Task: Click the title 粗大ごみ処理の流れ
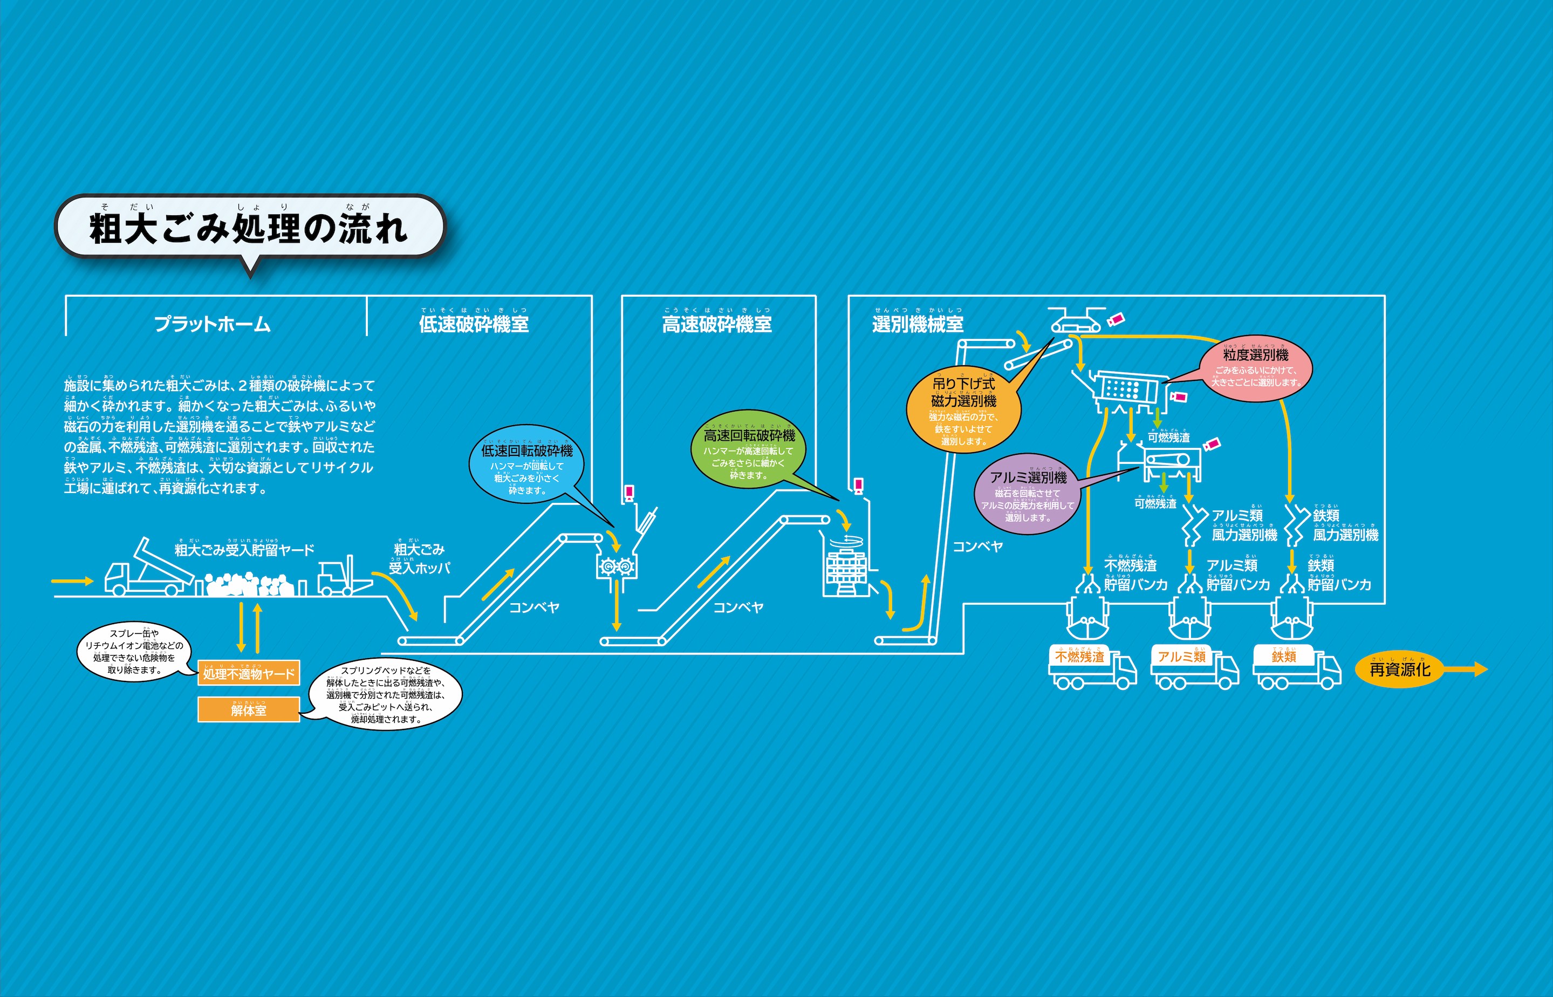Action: [x=249, y=228]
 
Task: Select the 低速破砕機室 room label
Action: [x=473, y=324]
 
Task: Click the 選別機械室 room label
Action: [x=918, y=324]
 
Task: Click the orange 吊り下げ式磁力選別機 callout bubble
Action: [x=963, y=412]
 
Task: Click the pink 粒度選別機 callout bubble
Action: [x=1255, y=367]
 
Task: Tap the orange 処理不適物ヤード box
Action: [x=249, y=674]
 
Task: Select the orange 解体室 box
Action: [x=249, y=710]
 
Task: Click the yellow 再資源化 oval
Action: [x=1400, y=670]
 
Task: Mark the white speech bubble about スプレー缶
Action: [x=133, y=651]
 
